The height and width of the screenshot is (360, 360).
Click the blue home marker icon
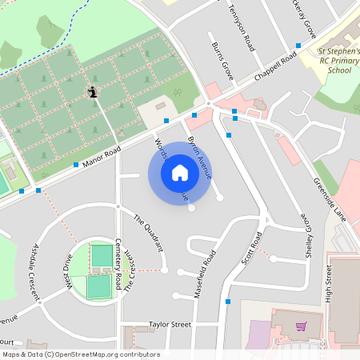(179, 172)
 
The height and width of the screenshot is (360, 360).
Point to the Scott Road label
(252, 250)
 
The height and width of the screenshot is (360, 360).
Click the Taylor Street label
(170, 325)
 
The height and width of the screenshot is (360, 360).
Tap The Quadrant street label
(148, 232)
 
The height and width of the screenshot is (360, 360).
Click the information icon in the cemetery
(94, 92)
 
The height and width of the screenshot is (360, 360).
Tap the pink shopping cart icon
(301, 326)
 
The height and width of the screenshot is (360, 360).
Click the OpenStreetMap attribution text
(81, 354)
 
